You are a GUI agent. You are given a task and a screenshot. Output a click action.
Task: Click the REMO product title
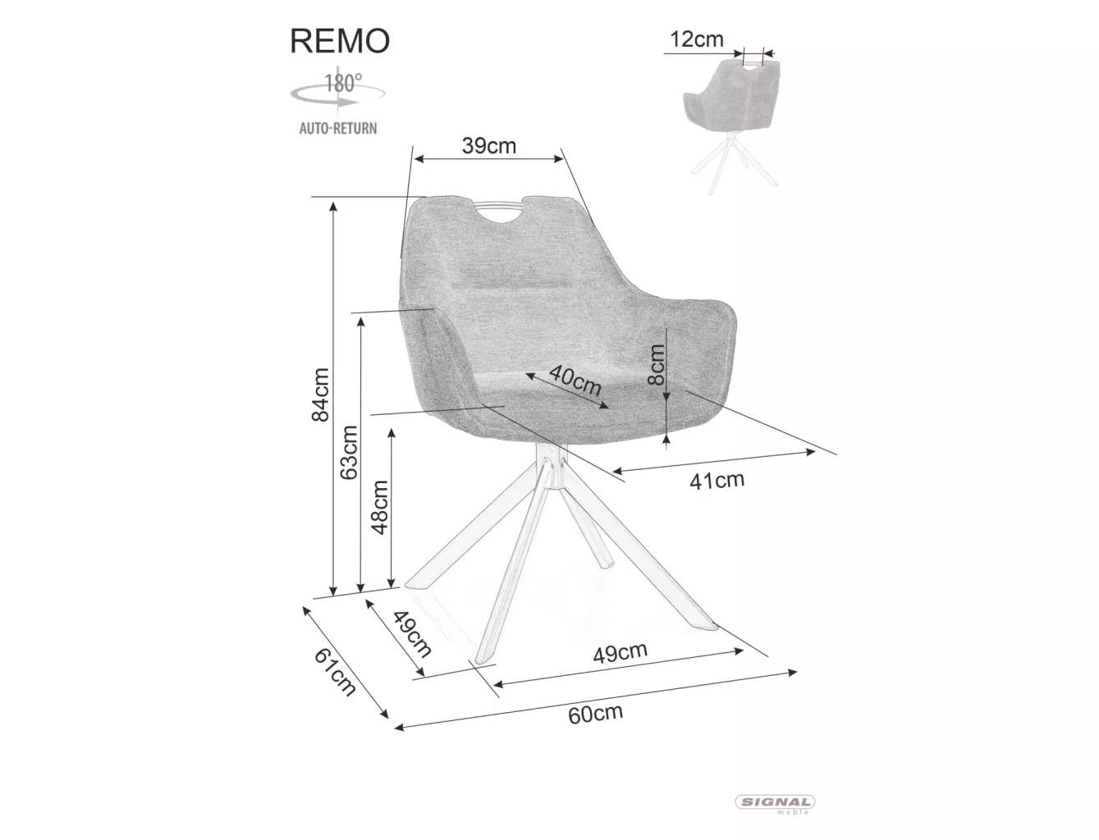click(x=339, y=41)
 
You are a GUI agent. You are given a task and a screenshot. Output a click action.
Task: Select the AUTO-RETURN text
click(x=337, y=128)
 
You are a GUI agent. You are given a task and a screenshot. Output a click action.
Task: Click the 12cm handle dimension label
click(x=696, y=39)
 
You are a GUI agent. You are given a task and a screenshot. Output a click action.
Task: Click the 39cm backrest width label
click(x=488, y=146)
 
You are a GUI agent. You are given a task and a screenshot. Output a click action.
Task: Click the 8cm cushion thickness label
click(x=655, y=364)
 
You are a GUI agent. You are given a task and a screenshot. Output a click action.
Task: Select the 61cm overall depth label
click(x=334, y=671)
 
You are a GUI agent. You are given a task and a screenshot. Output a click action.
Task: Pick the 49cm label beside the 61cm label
click(x=411, y=634)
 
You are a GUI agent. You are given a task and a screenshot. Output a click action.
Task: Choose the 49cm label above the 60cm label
click(x=620, y=653)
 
